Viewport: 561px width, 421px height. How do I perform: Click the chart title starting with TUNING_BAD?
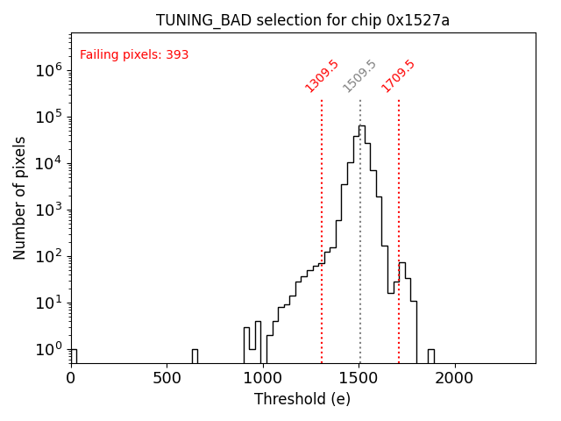click(x=302, y=20)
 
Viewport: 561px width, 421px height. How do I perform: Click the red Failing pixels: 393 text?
click(x=134, y=55)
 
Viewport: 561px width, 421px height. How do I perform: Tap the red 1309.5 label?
click(x=322, y=76)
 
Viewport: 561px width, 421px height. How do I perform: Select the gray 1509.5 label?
click(x=359, y=76)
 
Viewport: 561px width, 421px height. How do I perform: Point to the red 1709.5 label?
click(x=398, y=76)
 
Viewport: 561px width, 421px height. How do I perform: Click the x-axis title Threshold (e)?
click(x=302, y=399)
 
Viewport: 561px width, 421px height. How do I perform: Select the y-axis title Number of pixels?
click(x=20, y=197)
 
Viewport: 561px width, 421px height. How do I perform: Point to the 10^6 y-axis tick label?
click(x=48, y=70)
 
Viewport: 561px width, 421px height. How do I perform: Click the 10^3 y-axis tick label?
click(x=48, y=210)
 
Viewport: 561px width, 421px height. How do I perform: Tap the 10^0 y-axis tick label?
click(x=48, y=349)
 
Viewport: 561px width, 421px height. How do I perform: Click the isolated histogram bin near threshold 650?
click(x=195, y=355)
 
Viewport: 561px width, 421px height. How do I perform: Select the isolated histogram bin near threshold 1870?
click(x=431, y=355)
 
